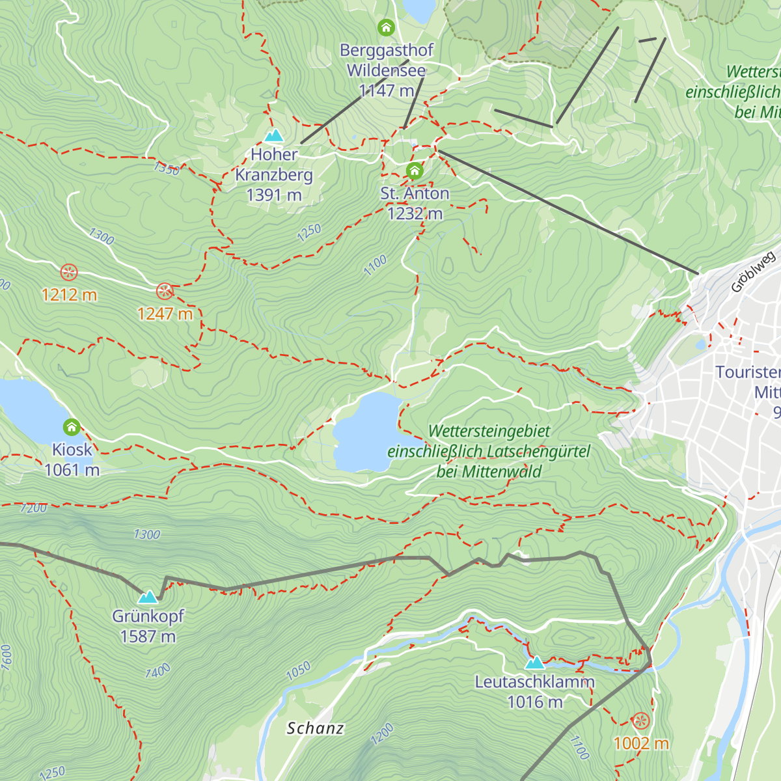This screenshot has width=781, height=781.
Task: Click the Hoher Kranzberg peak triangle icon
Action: pos(274,135)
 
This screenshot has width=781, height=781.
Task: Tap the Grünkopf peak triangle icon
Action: pos(148,597)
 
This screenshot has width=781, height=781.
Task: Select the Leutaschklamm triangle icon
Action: pos(534,663)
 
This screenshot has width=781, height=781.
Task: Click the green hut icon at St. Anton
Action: pos(415,171)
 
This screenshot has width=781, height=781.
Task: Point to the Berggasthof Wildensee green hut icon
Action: pos(386,27)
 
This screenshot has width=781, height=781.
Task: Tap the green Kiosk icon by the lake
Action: pos(72,428)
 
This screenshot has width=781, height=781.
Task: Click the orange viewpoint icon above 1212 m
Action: pos(68,272)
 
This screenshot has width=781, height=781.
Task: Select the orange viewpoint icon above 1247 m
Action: pos(165,291)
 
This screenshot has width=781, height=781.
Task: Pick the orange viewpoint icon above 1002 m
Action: pos(641,720)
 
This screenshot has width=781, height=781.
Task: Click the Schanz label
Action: pos(315,728)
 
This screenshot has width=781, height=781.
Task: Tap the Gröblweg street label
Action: pos(753,271)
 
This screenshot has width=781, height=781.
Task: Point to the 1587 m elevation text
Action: pos(148,637)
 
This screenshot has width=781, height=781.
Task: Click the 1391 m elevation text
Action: pos(274,195)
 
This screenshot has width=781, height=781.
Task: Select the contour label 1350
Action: pos(167,169)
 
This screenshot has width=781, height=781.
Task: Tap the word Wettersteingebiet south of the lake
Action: pos(489,431)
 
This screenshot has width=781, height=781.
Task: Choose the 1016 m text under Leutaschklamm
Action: pos(534,702)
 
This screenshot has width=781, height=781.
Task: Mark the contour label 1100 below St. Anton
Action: pos(375,265)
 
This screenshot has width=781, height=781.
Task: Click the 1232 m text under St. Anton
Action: pos(415,213)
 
